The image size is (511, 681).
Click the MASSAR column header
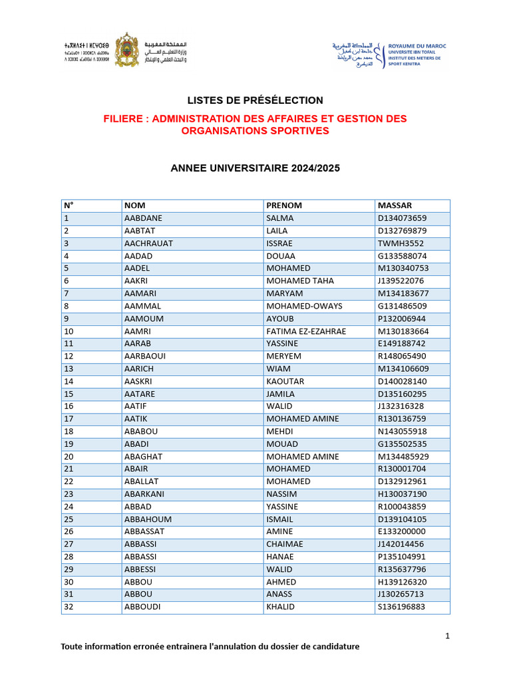[x=395, y=205]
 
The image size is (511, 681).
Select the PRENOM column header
[x=284, y=205]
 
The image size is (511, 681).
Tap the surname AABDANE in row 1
[x=143, y=218]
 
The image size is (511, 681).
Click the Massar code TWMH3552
[x=401, y=243]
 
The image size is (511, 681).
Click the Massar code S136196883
[x=403, y=607]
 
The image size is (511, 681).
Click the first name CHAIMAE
[x=285, y=544]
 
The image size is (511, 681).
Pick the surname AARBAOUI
[x=145, y=356]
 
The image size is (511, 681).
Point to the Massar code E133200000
[x=402, y=531]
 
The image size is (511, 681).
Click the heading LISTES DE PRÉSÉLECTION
[x=255, y=100]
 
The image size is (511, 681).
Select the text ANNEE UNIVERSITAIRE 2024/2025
[x=255, y=169]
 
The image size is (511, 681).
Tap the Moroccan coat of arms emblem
[x=126, y=50]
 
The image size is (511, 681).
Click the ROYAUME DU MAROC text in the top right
[x=417, y=47]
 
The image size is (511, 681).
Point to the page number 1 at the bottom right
[x=448, y=636]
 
